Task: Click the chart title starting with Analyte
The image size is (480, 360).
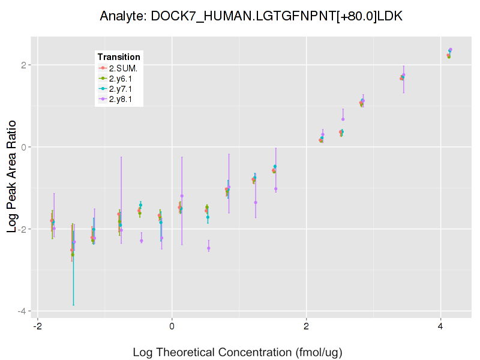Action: (251, 16)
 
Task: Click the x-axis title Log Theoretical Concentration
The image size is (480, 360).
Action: (237, 352)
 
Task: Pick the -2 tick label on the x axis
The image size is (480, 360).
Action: (37, 328)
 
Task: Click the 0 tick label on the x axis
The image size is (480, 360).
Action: (172, 328)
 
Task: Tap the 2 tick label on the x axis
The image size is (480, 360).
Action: (306, 328)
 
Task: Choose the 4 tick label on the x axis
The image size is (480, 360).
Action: (440, 328)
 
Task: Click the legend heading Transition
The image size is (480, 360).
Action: (119, 57)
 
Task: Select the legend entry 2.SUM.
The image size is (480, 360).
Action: (123, 68)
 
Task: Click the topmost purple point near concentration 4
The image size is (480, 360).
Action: (450, 50)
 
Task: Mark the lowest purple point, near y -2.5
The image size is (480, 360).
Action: (209, 248)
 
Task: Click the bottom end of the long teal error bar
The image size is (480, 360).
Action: (74, 305)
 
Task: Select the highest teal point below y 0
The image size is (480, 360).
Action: (275, 166)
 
